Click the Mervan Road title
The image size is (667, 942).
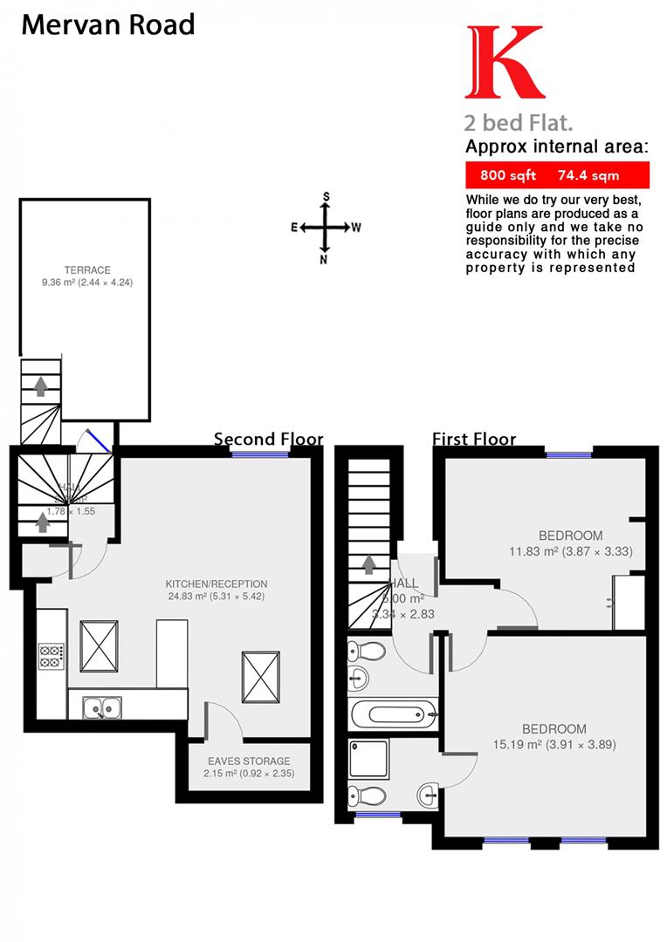107,24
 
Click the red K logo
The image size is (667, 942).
505,62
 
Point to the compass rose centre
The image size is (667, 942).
326,228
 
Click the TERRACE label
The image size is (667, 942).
86,270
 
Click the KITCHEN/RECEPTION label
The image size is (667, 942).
217,584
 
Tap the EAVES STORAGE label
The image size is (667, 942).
249,761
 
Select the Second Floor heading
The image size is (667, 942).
268,439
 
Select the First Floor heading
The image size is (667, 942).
474,439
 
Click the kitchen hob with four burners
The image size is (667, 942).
51,655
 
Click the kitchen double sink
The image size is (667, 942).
102,706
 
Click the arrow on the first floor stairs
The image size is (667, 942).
369,564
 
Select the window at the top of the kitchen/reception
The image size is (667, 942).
254,453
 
